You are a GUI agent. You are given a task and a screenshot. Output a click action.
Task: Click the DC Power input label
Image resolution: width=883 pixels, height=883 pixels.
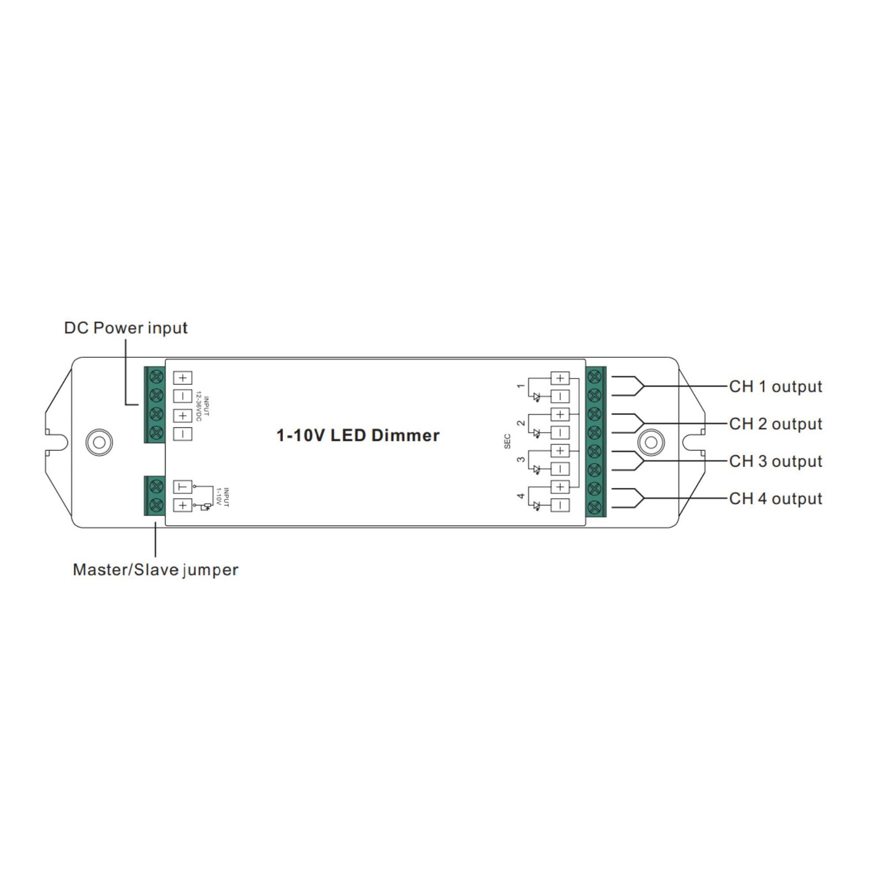coord(126,328)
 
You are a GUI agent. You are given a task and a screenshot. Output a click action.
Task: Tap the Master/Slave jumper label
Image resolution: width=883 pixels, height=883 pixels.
coord(155,570)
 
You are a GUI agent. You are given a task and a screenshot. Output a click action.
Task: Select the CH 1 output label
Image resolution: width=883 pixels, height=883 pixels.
coord(776,387)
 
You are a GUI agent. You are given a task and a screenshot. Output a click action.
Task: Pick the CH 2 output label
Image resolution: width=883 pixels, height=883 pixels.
coord(776,424)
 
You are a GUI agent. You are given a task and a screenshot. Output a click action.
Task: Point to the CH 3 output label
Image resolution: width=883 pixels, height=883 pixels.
coord(776,462)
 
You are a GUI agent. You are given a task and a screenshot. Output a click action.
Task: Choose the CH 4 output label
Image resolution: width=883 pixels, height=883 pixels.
coord(776,498)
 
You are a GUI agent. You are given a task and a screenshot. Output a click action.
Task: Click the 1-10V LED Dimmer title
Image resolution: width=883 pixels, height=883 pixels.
coord(358,436)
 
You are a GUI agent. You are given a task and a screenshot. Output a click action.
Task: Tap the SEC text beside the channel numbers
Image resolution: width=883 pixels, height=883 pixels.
coord(507,441)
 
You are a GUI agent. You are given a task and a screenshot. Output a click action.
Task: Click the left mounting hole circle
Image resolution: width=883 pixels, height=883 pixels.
coord(99,442)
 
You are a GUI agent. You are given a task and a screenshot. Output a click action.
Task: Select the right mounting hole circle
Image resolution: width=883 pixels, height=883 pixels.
coord(651,442)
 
